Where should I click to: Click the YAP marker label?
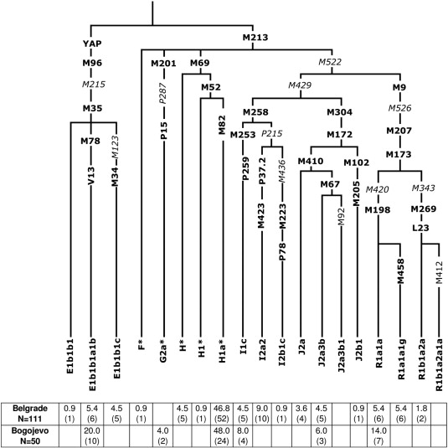click(92, 44)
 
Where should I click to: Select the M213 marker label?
click(255, 38)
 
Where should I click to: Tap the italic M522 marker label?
click(330, 62)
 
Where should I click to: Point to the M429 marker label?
click(300, 85)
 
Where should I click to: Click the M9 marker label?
click(399, 87)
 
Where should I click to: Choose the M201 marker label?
click(164, 63)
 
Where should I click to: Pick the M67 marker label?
click(330, 184)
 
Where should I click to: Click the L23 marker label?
click(421, 228)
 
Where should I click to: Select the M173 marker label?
click(399, 155)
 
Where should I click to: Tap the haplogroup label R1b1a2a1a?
click(438, 365)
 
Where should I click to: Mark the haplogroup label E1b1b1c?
click(116, 359)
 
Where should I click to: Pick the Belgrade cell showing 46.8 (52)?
click(222, 414)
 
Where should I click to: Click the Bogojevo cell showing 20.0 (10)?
click(92, 435)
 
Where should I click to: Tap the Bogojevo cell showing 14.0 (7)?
click(378, 435)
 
